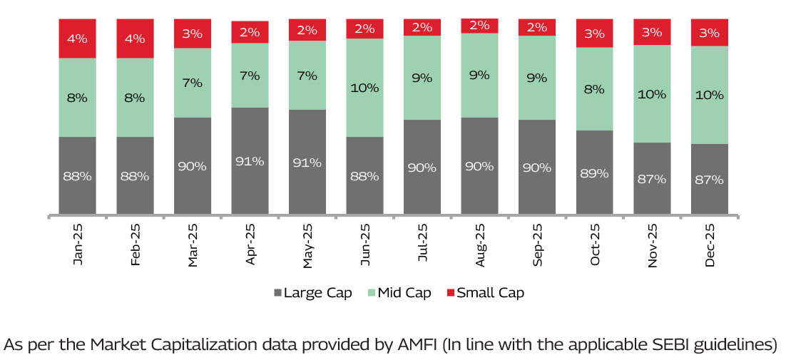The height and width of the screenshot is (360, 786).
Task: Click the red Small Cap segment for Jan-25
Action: click(77, 38)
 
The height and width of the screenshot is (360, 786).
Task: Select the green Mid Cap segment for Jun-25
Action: click(364, 87)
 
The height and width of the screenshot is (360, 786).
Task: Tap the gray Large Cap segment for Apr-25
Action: click(250, 161)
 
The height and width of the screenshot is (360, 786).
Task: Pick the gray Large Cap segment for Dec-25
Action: click(709, 179)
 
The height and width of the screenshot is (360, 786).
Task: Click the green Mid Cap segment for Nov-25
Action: click(652, 93)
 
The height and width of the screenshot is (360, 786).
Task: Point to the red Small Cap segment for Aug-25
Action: click(479, 26)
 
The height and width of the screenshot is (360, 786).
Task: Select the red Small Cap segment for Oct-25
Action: click(594, 34)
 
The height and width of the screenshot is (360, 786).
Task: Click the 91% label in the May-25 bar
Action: click(307, 163)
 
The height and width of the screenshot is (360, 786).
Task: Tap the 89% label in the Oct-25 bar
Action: click(594, 173)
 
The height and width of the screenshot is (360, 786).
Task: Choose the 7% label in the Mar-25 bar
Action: click(192, 83)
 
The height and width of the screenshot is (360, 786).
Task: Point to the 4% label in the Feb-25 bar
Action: click(135, 38)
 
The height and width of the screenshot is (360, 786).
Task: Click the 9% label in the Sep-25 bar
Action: click(537, 78)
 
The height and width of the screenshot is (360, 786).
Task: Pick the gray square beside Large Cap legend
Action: click(277, 293)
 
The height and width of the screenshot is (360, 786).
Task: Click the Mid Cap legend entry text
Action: click(404, 293)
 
